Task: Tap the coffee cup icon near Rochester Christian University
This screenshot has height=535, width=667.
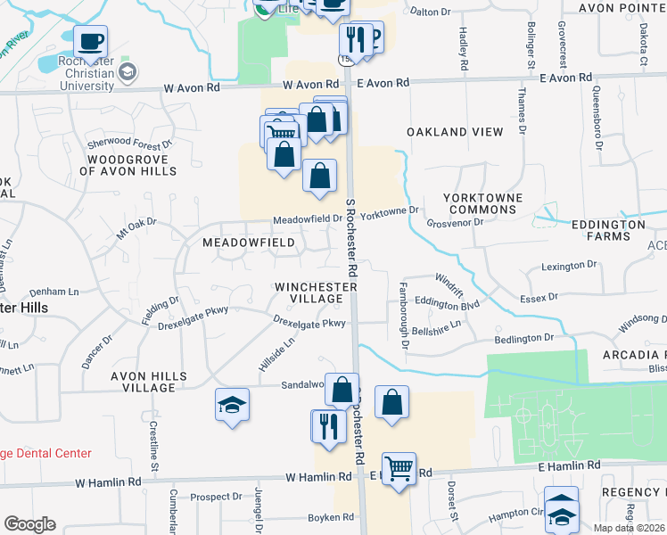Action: [89, 41]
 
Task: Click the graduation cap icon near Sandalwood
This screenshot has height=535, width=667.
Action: [231, 405]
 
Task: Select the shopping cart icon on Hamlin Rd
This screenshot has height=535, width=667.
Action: [399, 468]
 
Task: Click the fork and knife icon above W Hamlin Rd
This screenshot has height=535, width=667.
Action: [327, 425]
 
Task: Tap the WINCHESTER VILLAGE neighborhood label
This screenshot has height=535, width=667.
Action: [316, 292]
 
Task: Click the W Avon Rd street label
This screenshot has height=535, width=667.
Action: [191, 88]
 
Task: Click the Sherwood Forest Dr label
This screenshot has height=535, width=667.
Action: [128, 143]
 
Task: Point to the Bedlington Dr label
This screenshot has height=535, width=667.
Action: [523, 339]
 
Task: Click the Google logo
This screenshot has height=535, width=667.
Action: [29, 524]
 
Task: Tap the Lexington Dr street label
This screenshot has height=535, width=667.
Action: [569, 266]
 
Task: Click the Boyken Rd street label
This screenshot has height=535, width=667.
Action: [330, 518]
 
